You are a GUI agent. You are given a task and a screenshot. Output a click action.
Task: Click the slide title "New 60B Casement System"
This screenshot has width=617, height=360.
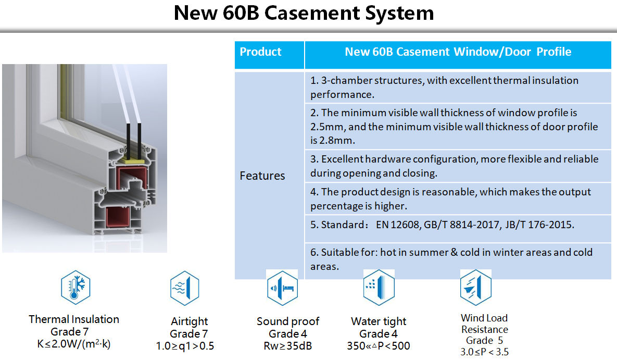click(304, 13)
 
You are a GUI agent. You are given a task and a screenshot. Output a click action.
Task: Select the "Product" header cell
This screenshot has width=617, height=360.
click(269, 55)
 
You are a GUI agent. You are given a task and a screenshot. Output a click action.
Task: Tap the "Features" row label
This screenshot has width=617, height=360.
click(262, 176)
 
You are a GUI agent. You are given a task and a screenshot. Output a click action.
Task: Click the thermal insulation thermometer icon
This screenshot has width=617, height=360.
click(75, 287)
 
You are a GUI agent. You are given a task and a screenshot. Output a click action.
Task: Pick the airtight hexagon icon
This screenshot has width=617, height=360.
click(184, 288)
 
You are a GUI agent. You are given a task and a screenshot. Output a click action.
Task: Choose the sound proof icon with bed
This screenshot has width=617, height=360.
click(282, 288)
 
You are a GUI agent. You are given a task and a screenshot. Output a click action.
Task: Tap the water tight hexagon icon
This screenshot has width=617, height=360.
click(379, 288)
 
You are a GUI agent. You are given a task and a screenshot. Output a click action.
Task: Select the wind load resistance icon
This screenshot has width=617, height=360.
click(475, 288)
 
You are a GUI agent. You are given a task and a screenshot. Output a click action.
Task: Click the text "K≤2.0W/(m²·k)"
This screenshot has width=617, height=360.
click(74, 344)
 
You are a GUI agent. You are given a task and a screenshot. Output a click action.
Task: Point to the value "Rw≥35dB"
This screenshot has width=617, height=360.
click(287, 346)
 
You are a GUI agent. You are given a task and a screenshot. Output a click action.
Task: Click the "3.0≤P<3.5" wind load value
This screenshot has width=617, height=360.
click(484, 352)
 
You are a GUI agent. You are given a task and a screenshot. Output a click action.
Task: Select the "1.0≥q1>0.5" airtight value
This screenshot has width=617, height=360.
click(185, 346)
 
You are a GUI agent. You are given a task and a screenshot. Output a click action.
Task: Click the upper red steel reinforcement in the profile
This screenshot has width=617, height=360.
click(131, 177)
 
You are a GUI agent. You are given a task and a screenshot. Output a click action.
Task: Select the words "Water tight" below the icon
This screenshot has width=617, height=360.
click(379, 321)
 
